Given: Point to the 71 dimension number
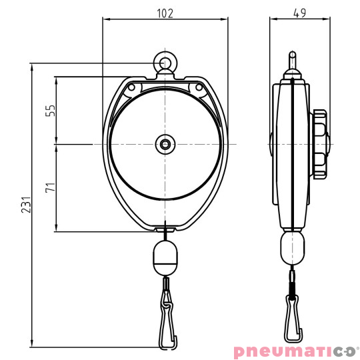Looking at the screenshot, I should pos(48,187).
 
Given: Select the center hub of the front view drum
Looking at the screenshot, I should pos(164,143).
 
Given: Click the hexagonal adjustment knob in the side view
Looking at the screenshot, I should pos(319,143).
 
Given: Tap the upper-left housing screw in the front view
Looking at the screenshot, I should pos(131,87).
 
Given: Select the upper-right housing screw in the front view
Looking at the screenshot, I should pos(198,87).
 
